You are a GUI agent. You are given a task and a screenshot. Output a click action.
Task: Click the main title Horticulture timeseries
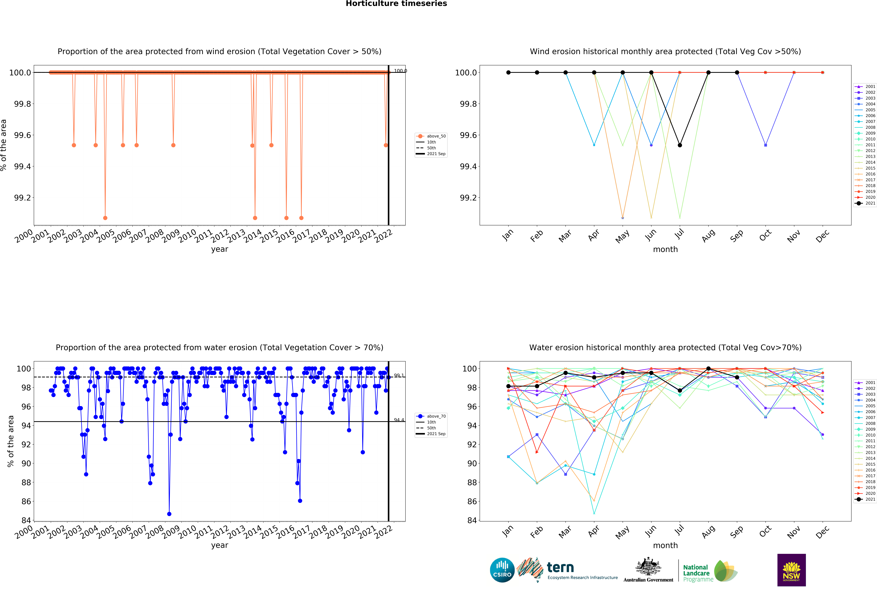(x=396, y=4)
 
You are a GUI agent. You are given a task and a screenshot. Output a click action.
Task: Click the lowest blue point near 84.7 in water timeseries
(x=169, y=514)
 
